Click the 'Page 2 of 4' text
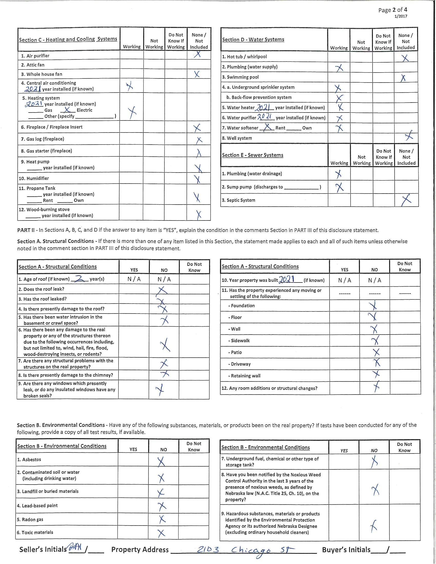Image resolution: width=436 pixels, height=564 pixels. coord(393,10)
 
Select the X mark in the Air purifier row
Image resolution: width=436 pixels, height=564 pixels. coord(197,54)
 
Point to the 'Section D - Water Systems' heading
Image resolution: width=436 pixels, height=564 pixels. coord(253,39)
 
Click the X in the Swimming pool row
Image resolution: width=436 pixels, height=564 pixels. coord(403,78)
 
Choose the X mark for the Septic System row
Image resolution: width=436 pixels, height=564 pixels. coord(406,200)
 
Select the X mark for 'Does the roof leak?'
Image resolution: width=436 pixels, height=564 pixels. coord(162,290)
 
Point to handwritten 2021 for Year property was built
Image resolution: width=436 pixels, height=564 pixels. coord(286,279)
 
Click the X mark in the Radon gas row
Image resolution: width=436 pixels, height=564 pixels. coord(162,519)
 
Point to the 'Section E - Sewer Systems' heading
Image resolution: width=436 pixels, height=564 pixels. coord(252,155)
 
